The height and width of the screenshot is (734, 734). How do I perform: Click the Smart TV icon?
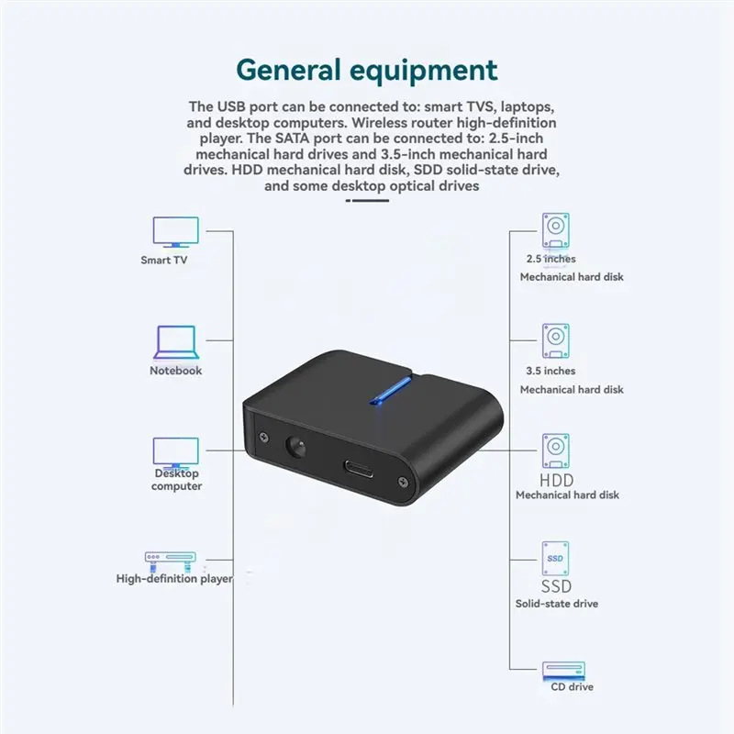175,232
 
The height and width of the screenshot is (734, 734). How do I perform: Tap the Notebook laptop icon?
176,342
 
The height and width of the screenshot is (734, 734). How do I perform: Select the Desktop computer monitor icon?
175,452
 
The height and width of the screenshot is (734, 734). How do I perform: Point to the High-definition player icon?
171,562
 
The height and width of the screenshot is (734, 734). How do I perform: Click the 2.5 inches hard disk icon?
556,230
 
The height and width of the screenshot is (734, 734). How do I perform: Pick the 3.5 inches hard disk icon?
556,340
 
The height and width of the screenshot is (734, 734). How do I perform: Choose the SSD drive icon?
555,559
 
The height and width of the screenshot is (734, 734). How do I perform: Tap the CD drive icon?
563,671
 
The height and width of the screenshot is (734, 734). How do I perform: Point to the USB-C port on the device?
359,469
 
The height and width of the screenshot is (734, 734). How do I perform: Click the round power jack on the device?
295,446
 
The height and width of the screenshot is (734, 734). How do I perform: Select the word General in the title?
288,71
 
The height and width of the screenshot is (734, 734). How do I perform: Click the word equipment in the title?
424,72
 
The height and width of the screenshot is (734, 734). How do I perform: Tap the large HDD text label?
557,480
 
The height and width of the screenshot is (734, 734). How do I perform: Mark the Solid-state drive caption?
557,604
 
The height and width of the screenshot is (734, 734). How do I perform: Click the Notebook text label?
175,371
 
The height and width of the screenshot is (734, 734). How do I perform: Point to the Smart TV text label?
164,260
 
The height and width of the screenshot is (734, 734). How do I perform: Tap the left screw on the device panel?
263,438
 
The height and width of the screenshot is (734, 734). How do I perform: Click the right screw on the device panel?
402,481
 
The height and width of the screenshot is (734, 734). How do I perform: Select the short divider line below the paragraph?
368,200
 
